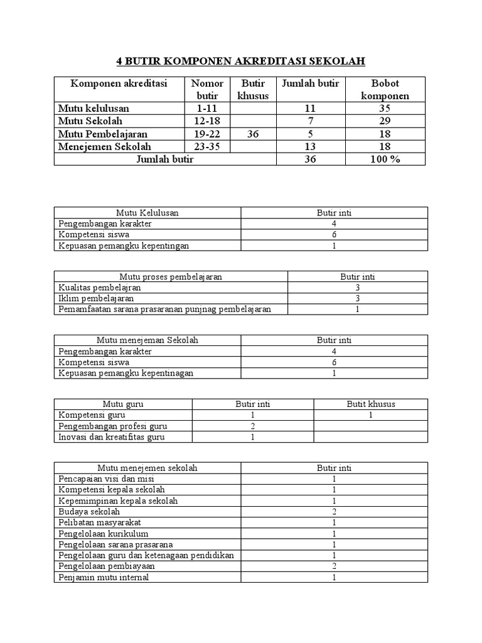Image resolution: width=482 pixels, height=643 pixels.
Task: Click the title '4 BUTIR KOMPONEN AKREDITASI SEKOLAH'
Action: pos(240,61)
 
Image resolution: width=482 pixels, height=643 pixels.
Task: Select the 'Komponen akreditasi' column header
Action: pos(119,84)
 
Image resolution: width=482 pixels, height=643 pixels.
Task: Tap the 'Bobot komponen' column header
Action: pos(385,89)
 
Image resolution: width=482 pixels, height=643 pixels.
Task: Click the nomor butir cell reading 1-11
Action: pos(206,108)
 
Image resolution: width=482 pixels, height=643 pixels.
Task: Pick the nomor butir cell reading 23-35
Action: pos(206,146)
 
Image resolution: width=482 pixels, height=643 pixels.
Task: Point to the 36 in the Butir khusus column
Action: pos(252,134)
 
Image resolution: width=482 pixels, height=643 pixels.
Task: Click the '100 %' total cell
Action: pos(385,159)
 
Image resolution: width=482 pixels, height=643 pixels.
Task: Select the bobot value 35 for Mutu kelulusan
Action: pos(385,108)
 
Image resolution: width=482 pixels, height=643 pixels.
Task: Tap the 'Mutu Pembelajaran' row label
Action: pos(103,134)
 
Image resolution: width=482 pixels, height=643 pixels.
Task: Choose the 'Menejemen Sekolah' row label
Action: pos(105,146)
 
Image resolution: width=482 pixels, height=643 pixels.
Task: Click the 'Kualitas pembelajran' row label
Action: pos(99,287)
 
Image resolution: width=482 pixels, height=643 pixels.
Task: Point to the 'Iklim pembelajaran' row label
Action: pos(96,298)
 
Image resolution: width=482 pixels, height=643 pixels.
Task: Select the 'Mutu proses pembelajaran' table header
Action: pos(171,276)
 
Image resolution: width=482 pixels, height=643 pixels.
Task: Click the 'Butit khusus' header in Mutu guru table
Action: pos(371,404)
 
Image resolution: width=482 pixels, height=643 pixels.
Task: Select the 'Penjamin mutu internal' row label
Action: pos(104,577)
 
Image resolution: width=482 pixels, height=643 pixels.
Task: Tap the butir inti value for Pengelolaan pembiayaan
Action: pos(335,566)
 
